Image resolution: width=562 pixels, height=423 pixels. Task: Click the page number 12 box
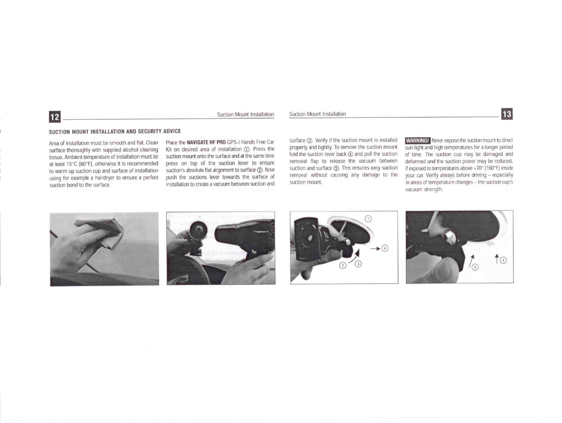(x=55, y=116)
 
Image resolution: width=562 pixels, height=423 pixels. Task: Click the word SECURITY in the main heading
(x=149, y=131)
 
